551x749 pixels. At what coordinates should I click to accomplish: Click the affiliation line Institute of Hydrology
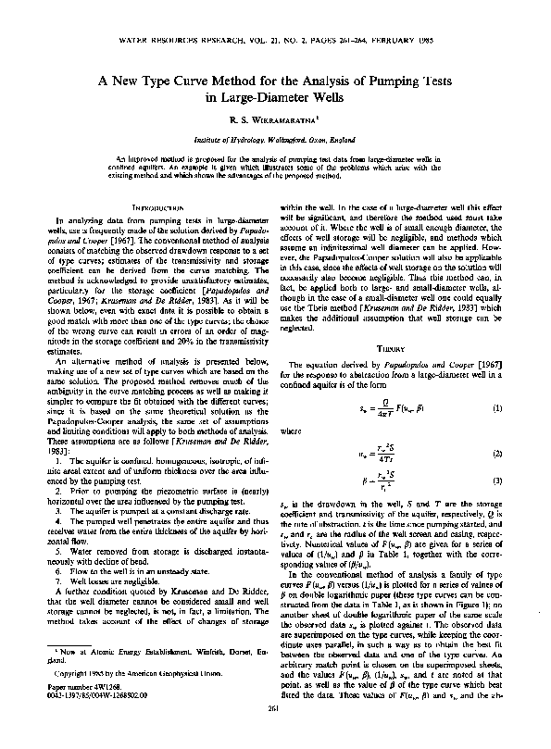[275, 141]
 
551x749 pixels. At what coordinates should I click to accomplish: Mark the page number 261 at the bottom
[275, 735]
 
